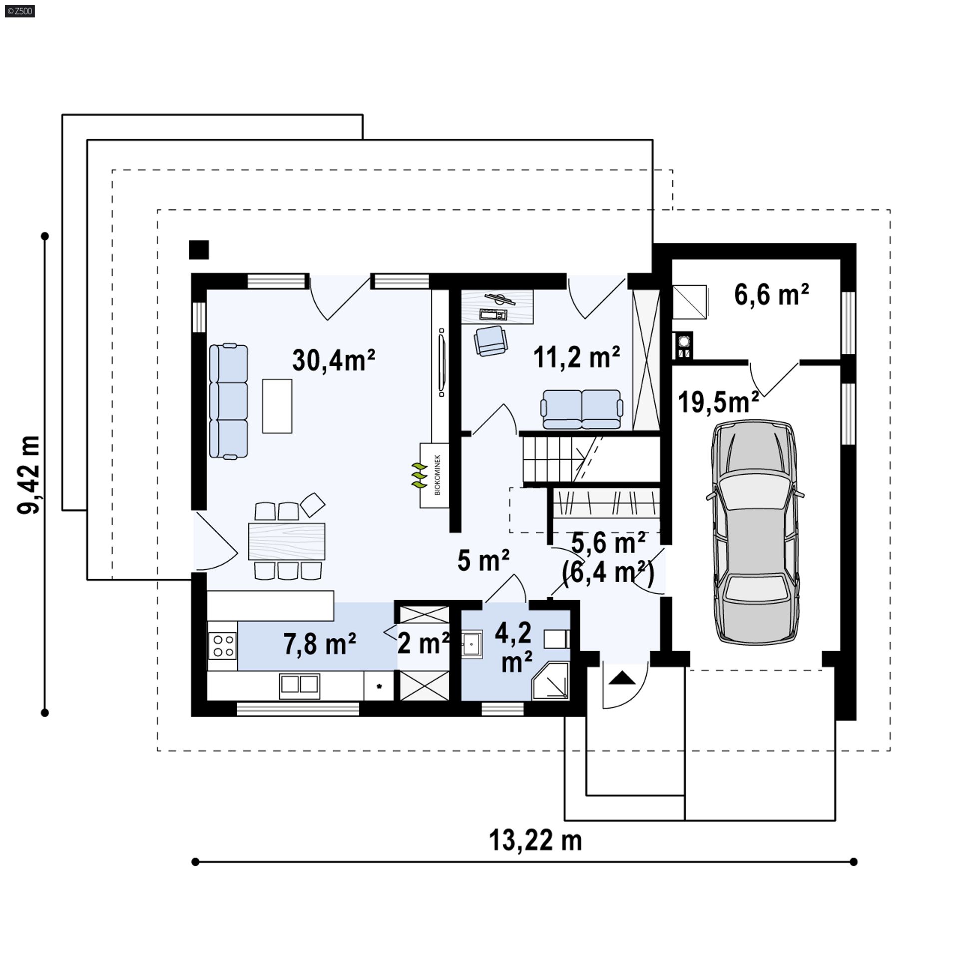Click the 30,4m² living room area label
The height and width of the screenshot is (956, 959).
pyautogui.click(x=334, y=360)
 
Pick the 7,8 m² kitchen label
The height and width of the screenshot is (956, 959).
pyautogui.click(x=320, y=644)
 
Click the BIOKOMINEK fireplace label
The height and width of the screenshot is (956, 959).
pyautogui.click(x=438, y=474)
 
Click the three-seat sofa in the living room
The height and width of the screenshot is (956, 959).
pyautogui.click(x=228, y=401)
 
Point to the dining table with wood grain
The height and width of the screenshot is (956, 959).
pyautogui.click(x=287, y=541)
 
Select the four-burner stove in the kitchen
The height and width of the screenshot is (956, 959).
pyautogui.click(x=222, y=645)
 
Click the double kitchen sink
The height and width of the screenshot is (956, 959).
pyautogui.click(x=299, y=686)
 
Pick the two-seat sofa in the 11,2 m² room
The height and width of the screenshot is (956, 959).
pyautogui.click(x=581, y=409)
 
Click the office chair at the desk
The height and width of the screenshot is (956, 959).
pyautogui.click(x=490, y=340)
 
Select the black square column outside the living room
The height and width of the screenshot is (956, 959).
pyautogui.click(x=199, y=250)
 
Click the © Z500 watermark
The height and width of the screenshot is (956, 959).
pyautogui.click(x=18, y=10)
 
